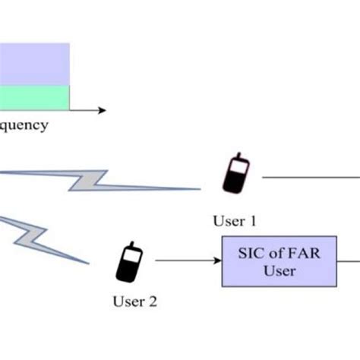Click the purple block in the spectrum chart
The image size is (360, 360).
pos(34,64)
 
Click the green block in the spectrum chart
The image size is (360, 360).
pos(34,97)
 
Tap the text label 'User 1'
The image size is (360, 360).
pos(235,222)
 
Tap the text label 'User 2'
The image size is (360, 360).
pos(134,302)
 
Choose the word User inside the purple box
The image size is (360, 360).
pos(278,270)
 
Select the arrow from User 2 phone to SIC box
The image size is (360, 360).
pos(187,261)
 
